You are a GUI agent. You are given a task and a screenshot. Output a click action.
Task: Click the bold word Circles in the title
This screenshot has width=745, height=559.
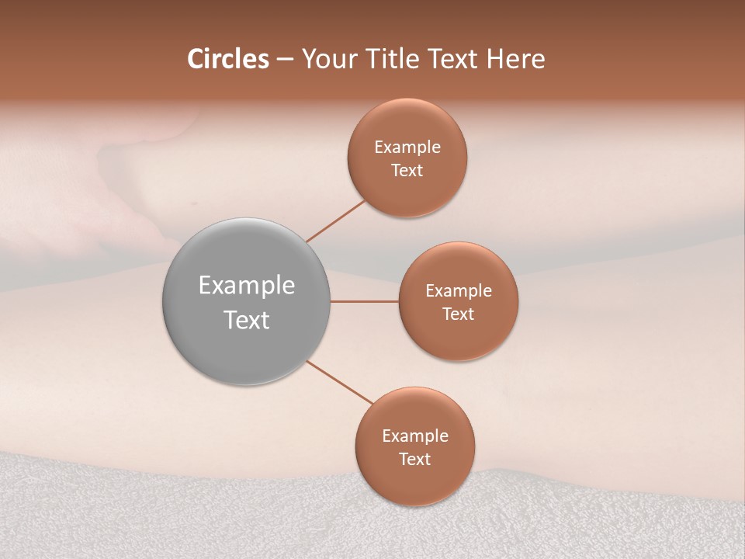tap(228, 59)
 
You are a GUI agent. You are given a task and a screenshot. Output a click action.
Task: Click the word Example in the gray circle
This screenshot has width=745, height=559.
tap(247, 286)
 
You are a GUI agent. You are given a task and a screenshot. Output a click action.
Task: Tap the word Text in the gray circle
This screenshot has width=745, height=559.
tap(247, 320)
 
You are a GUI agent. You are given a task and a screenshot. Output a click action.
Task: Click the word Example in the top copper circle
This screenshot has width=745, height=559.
tap(407, 148)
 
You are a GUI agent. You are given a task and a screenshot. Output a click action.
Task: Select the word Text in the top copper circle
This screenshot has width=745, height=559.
tap(407, 171)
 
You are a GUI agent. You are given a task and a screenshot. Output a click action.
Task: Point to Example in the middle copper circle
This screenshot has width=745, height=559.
tap(459, 291)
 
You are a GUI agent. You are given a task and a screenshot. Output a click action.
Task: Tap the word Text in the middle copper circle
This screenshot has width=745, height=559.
tap(459, 314)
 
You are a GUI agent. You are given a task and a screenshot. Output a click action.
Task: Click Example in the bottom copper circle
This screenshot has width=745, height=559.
tap(415, 436)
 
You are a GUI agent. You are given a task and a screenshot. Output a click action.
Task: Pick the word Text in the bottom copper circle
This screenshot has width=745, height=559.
tap(415, 460)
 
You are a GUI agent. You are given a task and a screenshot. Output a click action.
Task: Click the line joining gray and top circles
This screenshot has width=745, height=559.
tap(335, 221)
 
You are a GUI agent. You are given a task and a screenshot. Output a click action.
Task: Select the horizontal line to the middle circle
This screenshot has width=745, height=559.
tap(365, 301)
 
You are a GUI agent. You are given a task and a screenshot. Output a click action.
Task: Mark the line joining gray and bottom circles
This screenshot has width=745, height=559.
tap(340, 383)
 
